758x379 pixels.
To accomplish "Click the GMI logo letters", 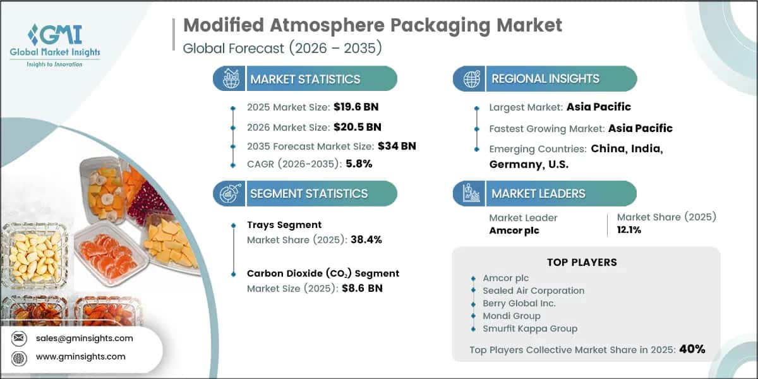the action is tap(55, 35).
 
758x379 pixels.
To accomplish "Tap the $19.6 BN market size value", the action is tap(356, 107).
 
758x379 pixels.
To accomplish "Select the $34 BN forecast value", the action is tap(397, 146).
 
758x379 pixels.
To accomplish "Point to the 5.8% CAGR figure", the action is tap(359, 164).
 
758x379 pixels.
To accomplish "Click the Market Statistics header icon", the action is tap(231, 78).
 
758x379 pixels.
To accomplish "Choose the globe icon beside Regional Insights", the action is tap(471, 79).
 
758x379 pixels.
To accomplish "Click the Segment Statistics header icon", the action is tap(231, 193).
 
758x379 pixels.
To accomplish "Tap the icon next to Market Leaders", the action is tap(471, 193).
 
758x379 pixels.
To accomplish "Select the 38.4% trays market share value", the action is tap(366, 239).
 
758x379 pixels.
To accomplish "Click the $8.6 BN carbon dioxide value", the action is tap(362, 288).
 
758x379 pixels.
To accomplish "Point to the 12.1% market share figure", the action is tap(629, 230).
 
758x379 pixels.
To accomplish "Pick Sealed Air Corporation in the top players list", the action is tap(533, 291).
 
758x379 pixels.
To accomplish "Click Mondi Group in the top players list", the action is tap(511, 316).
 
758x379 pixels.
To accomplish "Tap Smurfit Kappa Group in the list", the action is tap(530, 328).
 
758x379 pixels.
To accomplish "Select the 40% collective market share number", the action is tap(692, 349).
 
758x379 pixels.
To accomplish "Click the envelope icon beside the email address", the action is tap(18, 338).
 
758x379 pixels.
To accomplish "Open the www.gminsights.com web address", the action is tap(81, 357).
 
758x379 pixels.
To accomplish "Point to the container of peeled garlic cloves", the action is tap(34, 255).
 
